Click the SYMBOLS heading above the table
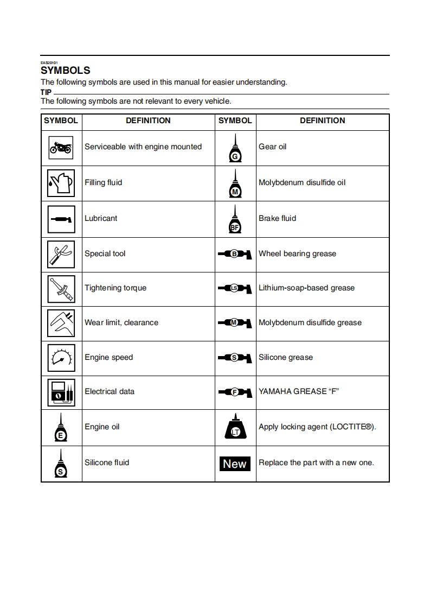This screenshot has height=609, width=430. (66, 71)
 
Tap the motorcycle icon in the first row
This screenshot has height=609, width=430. (61, 147)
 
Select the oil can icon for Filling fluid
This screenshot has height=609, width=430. (61, 183)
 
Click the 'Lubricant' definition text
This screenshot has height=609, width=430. (101, 218)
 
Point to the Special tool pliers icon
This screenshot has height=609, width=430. (61, 253)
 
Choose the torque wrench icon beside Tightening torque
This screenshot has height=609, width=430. (61, 288)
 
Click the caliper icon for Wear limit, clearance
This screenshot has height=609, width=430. (61, 323)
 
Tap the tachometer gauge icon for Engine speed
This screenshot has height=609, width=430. (61, 358)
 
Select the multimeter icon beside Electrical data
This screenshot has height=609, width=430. (61, 392)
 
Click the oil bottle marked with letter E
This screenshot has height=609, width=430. (61, 428)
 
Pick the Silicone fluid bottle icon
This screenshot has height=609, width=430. (61, 464)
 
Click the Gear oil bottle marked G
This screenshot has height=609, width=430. (235, 148)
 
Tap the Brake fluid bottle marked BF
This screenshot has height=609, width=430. (235, 219)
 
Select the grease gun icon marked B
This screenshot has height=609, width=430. (235, 253)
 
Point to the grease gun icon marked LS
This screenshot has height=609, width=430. (235, 288)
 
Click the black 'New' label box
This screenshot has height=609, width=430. (235, 464)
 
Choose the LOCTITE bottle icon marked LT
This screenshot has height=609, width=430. (235, 427)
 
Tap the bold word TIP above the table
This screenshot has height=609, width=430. (46, 92)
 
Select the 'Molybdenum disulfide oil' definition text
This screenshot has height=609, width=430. (302, 182)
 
